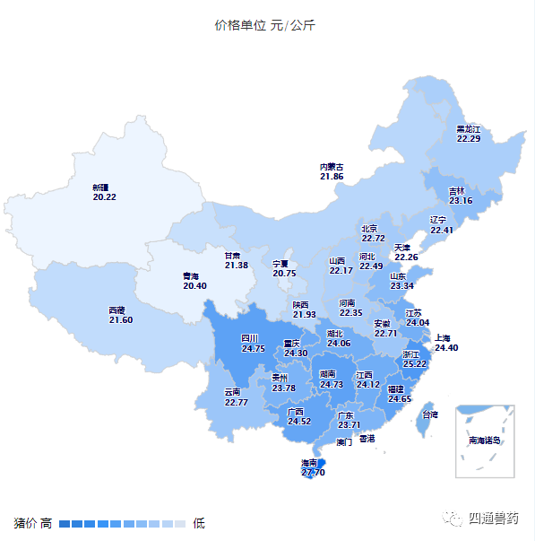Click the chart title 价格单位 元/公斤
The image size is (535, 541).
coord(264,25)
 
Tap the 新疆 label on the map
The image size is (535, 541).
coord(100,188)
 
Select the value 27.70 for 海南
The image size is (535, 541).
coord(313,472)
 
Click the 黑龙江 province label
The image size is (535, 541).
coord(469,129)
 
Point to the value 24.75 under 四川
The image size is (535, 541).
coord(254,349)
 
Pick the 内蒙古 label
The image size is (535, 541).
coord(332,167)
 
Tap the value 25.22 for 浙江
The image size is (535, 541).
coord(414,364)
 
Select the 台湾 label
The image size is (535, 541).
coord(430,414)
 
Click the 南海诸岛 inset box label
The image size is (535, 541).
coord(485,441)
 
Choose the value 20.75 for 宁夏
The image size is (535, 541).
coord(284,274)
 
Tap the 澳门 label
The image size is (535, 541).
coord(345,442)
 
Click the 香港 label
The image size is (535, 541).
coord(367,438)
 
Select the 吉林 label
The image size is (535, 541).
coord(457,191)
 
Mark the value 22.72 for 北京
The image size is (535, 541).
coord(374,239)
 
